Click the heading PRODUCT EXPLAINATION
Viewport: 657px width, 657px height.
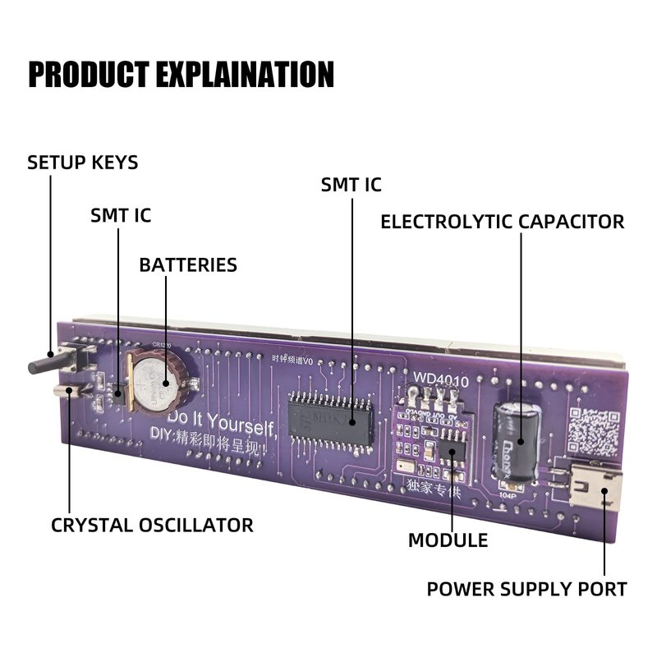181,74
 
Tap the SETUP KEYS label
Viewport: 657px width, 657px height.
83,163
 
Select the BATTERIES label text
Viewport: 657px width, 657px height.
188,265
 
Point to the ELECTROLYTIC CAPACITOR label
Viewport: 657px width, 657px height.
502,222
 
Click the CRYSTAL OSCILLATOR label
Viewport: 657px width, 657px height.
152,525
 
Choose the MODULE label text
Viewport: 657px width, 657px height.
448,540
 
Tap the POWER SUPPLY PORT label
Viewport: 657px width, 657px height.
526,589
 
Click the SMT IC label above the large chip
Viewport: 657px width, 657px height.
351,185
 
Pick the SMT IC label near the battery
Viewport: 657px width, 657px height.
121,216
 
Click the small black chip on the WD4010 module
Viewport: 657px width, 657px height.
451,451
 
